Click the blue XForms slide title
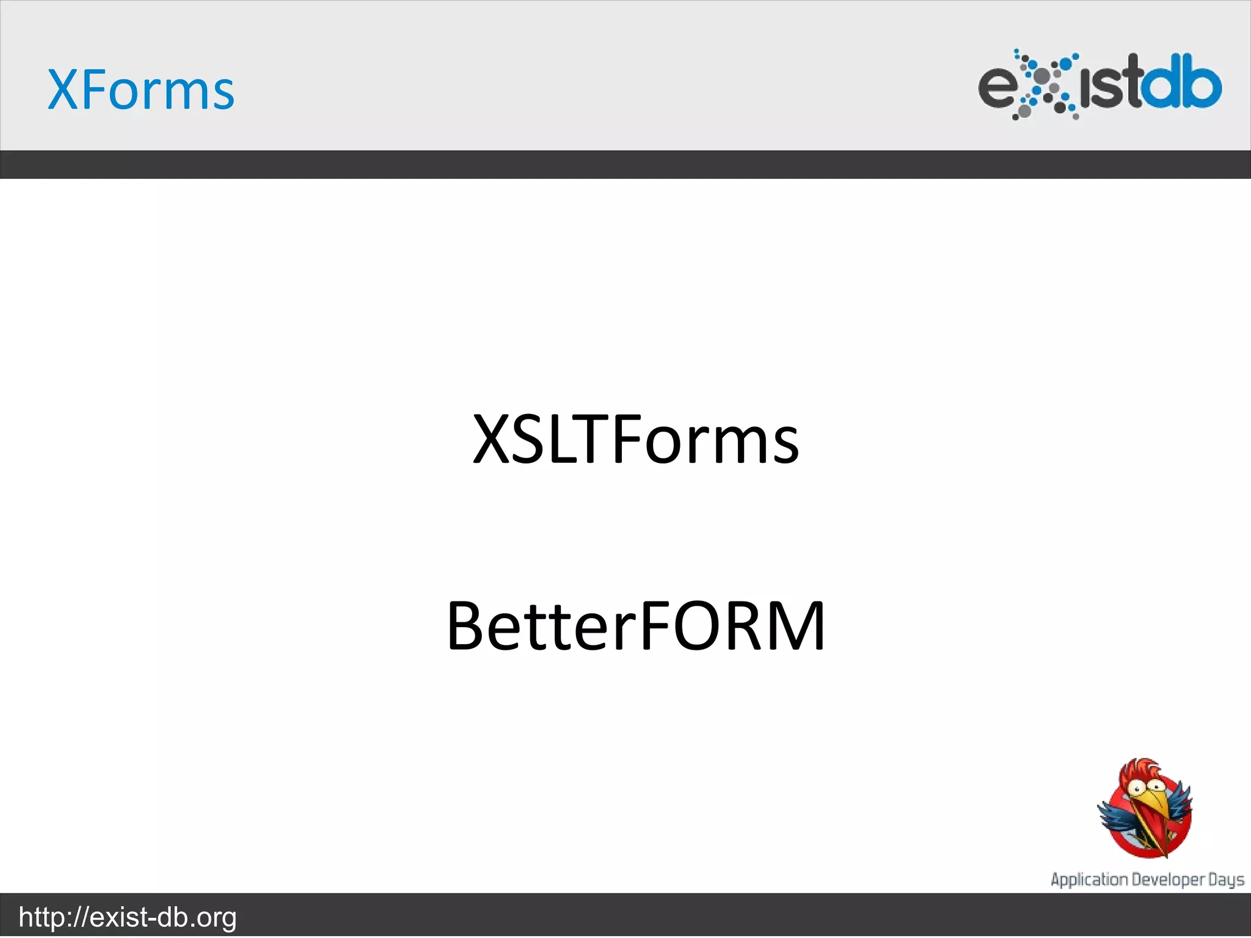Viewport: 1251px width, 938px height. [x=140, y=90]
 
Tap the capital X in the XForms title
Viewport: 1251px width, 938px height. [x=63, y=90]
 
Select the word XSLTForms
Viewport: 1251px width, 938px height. [x=635, y=440]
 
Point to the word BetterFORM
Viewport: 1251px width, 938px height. [x=635, y=627]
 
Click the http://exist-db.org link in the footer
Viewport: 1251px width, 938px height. [x=128, y=917]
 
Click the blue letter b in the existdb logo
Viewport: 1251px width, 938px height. [x=1203, y=82]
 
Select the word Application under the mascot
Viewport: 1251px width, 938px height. [x=1089, y=880]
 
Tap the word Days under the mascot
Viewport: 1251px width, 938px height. [x=1226, y=880]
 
